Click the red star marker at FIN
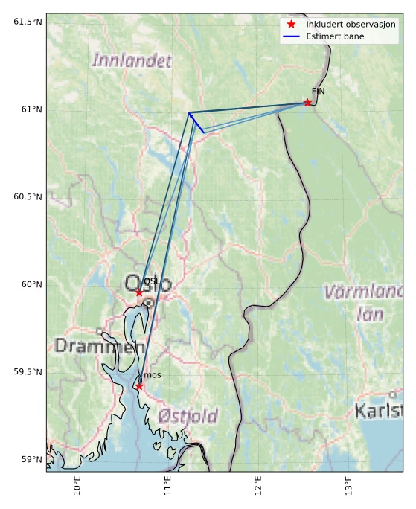[x=307, y=103]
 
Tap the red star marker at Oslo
[x=139, y=292]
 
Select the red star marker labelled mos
[x=139, y=386]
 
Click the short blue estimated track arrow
[x=196, y=123]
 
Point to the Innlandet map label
[x=132, y=60]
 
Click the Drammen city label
[x=99, y=346]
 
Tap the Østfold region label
[x=188, y=415]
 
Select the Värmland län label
[x=362, y=302]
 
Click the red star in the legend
[x=292, y=25]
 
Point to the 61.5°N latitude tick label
[x=28, y=22]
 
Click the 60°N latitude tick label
[x=31, y=284]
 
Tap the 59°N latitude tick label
[x=31, y=459]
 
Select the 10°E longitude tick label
[x=78, y=487]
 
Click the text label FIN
[x=318, y=91]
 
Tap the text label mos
[x=152, y=375]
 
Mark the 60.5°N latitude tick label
[x=28, y=196]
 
